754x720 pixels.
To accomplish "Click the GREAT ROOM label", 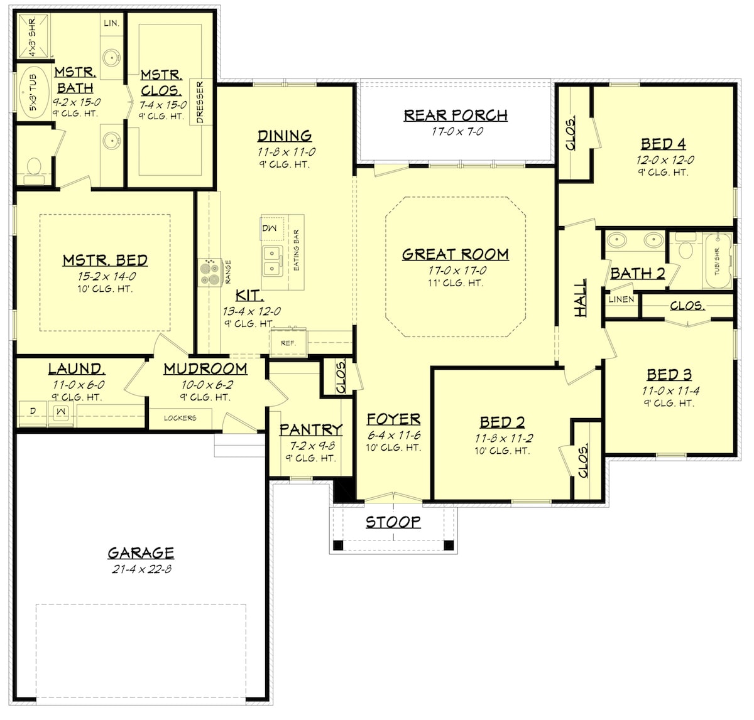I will pos(455,254).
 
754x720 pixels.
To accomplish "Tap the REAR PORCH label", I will pos(455,116).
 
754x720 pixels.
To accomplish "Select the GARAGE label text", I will pos(141,553).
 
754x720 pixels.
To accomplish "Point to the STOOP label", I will pos(393,522).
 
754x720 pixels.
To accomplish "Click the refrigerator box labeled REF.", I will pos(288,343).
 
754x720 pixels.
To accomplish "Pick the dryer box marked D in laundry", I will pos(33,412).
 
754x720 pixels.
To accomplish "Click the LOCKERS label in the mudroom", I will pos(180,418).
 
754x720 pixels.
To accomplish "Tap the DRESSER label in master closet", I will pos(200,102).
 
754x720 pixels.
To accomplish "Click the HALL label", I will pos(581,298).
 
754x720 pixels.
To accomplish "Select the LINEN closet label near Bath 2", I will pos(621,299).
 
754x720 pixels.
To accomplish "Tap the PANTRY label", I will pos(311,430).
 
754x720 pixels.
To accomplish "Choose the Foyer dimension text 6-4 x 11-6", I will pos(393,436).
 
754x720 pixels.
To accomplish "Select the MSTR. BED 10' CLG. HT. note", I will pos(104,289).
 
